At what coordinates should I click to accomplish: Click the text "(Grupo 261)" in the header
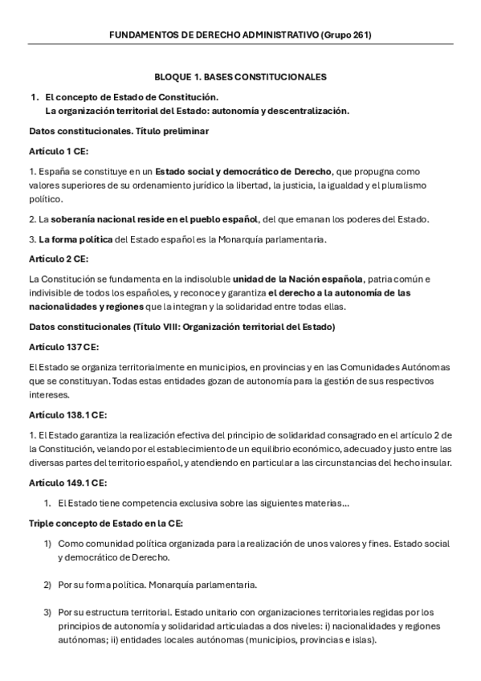tap(345, 35)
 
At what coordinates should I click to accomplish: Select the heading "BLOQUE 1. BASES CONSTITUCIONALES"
tap(240, 77)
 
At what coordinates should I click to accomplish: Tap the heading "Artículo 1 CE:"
tap(59, 150)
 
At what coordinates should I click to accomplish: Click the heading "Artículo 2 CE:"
tap(59, 259)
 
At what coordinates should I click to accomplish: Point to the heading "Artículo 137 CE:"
tap(63, 346)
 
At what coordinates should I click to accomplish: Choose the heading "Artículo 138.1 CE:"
tap(67, 414)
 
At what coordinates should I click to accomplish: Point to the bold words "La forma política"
tap(76, 239)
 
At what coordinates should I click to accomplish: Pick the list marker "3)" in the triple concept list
tap(47, 612)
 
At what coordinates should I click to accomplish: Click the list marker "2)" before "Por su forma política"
tap(47, 585)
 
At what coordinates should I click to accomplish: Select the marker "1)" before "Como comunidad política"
tap(47, 544)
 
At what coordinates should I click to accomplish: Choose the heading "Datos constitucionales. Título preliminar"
tap(119, 130)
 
